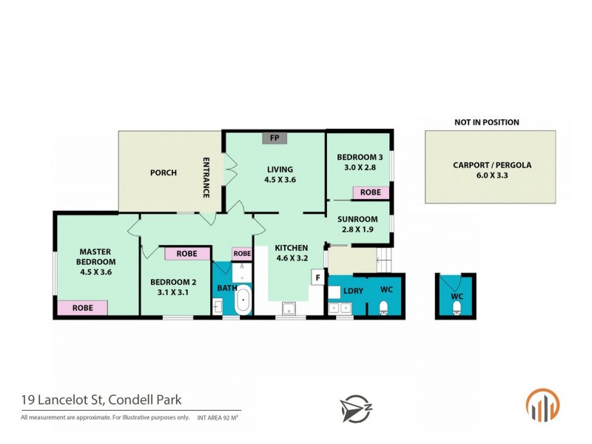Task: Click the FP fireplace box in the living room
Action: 274,138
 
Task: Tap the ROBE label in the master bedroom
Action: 83,307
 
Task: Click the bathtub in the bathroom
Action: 242,303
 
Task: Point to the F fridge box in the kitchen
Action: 317,278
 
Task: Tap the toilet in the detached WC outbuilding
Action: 456,307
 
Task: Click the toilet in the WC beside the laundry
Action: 383,308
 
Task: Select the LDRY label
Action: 354,291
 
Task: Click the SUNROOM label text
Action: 357,219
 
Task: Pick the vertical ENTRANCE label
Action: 207,178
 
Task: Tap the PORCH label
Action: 163,173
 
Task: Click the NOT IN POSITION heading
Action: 486,122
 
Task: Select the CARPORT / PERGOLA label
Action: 492,166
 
